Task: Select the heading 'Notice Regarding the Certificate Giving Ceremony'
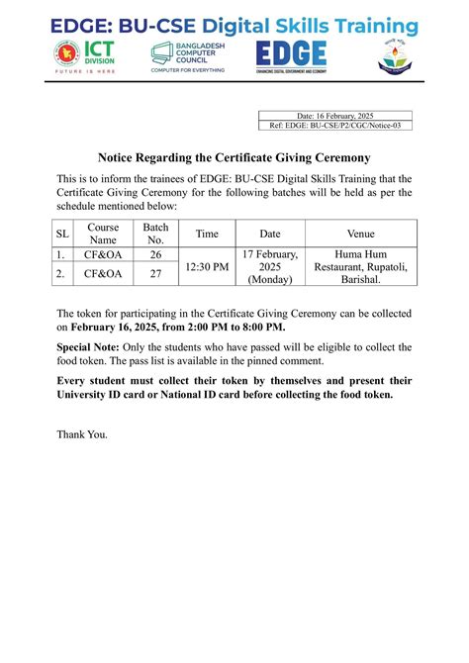(234, 158)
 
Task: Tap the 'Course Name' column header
(103, 234)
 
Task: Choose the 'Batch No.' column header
(155, 234)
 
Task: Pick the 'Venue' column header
(360, 234)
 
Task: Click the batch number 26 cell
(155, 254)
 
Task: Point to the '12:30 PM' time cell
(207, 266)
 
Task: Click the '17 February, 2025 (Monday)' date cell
(269, 266)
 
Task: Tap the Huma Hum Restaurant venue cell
(360, 266)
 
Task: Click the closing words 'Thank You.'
(82, 433)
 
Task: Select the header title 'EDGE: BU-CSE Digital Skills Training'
(234, 26)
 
